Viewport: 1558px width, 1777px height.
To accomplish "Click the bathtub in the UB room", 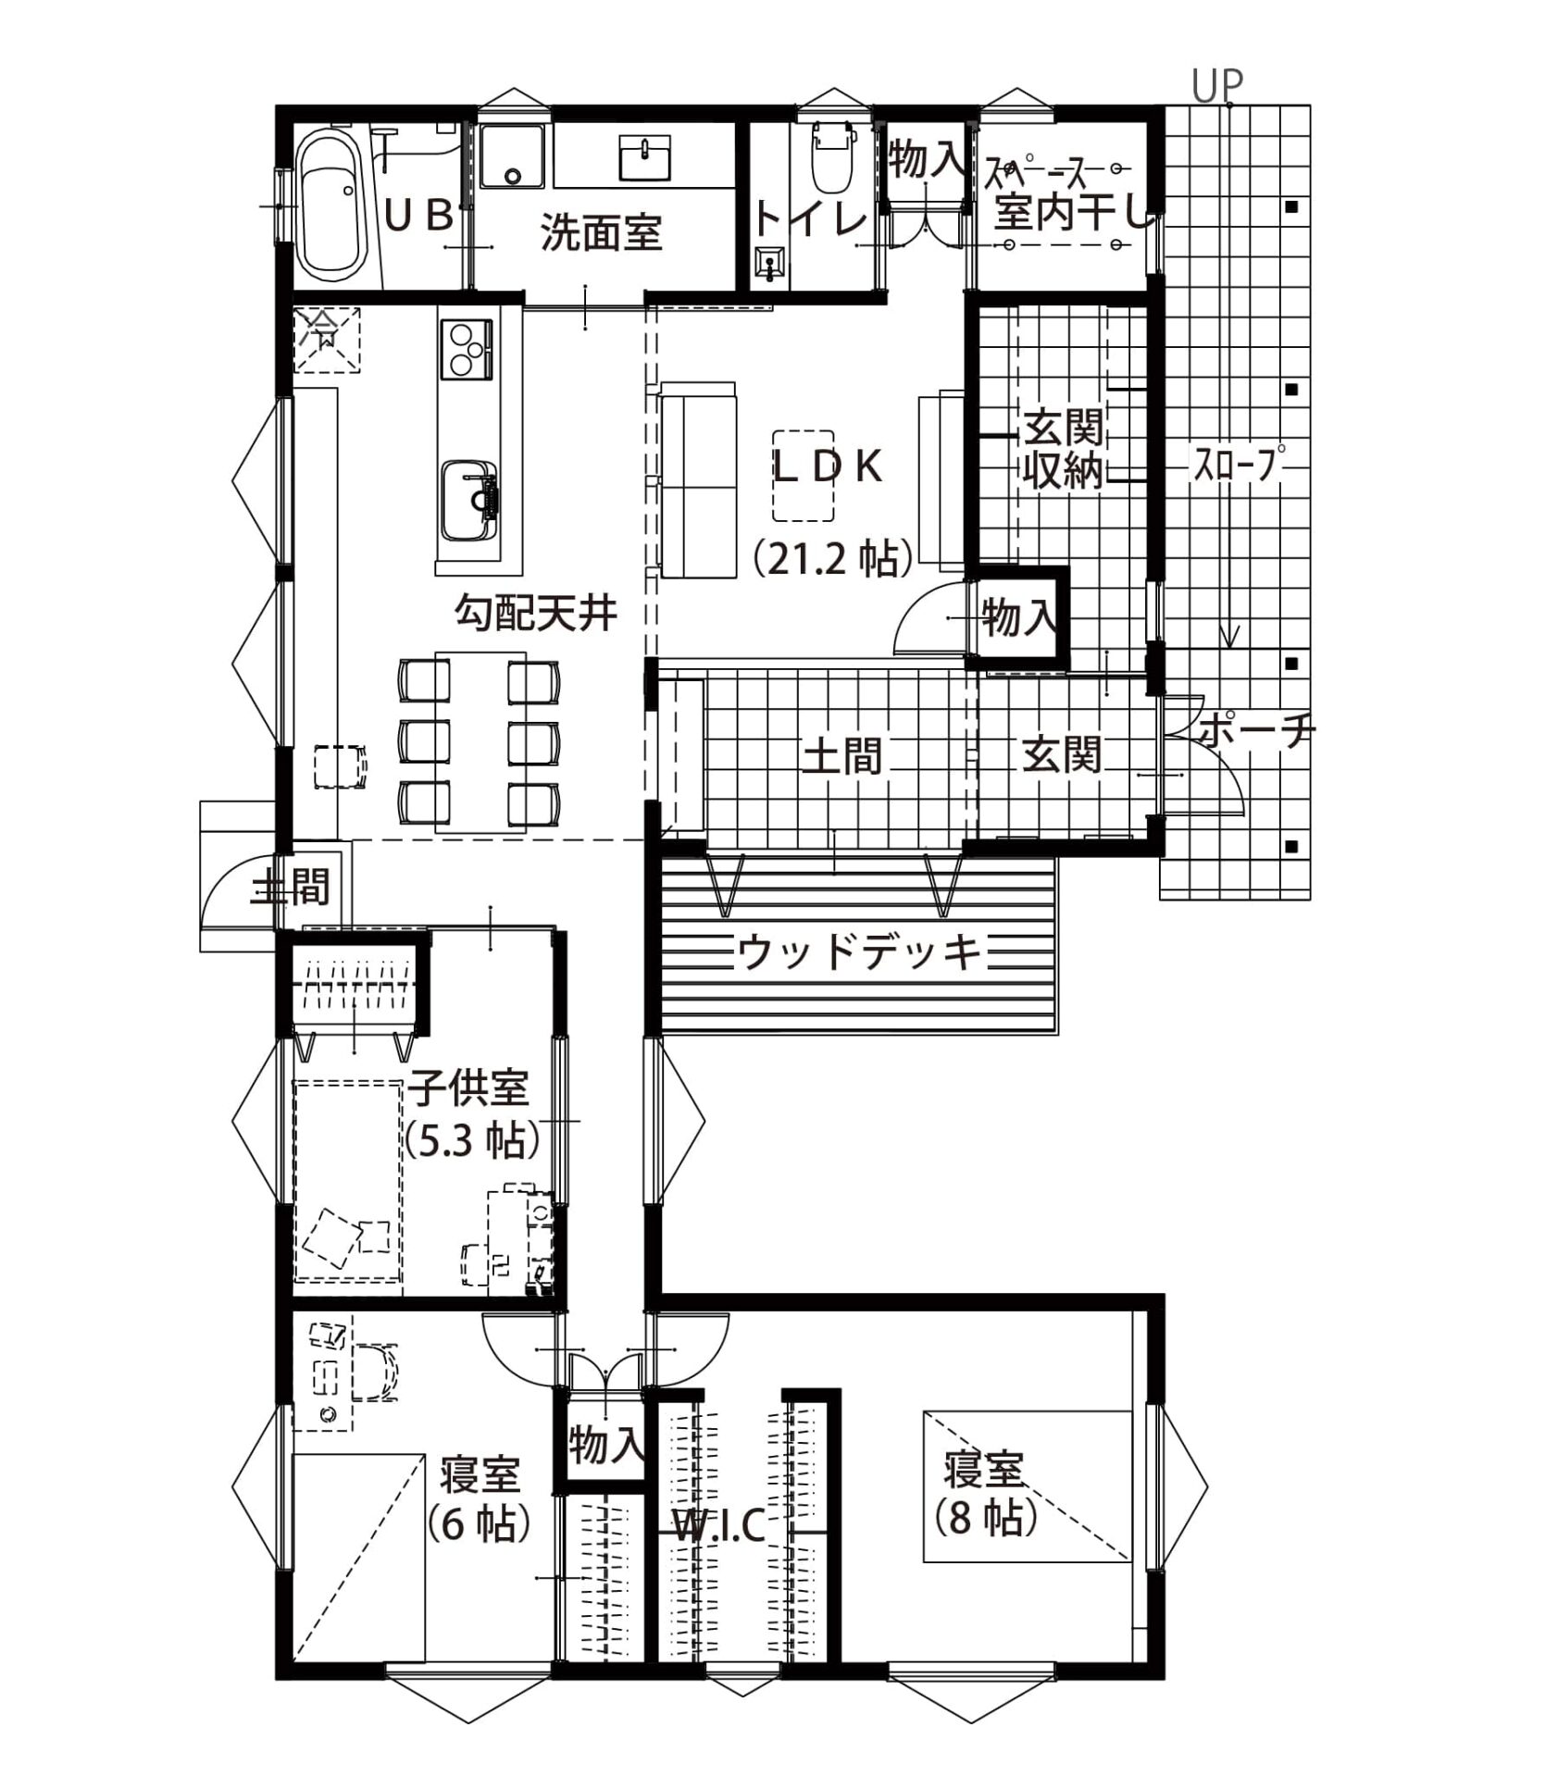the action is coord(330,206).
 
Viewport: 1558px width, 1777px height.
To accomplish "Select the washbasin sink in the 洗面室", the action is coord(645,156).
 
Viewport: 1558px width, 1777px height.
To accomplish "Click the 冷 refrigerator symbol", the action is coord(326,338).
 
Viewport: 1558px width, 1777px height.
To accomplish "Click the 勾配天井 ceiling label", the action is coord(536,613).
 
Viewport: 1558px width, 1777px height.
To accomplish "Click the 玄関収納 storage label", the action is coord(1063,450).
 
